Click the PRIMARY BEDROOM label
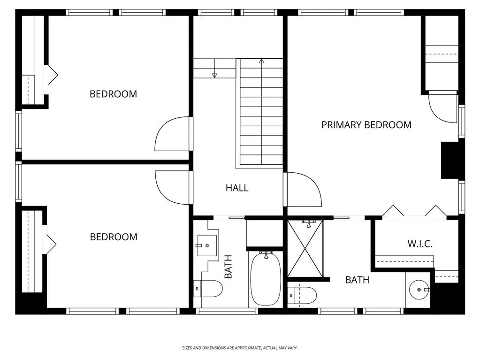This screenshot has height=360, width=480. (x=366, y=125)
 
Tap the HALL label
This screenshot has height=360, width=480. (x=237, y=188)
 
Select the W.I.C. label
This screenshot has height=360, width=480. (x=419, y=244)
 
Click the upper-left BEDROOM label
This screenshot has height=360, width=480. (x=114, y=94)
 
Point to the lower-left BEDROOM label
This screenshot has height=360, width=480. (x=114, y=237)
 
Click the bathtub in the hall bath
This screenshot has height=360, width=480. (x=266, y=279)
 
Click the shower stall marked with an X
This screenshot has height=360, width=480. (x=305, y=249)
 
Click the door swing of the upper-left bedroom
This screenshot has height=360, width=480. (x=173, y=134)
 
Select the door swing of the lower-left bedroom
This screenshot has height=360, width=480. (x=173, y=187)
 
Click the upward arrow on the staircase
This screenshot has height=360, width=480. (x=261, y=61)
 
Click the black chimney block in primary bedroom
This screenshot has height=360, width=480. (x=450, y=160)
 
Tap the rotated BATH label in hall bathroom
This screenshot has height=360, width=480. (x=229, y=267)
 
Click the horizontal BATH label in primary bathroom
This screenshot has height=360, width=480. (x=357, y=280)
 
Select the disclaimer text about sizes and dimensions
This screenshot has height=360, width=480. (x=240, y=348)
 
